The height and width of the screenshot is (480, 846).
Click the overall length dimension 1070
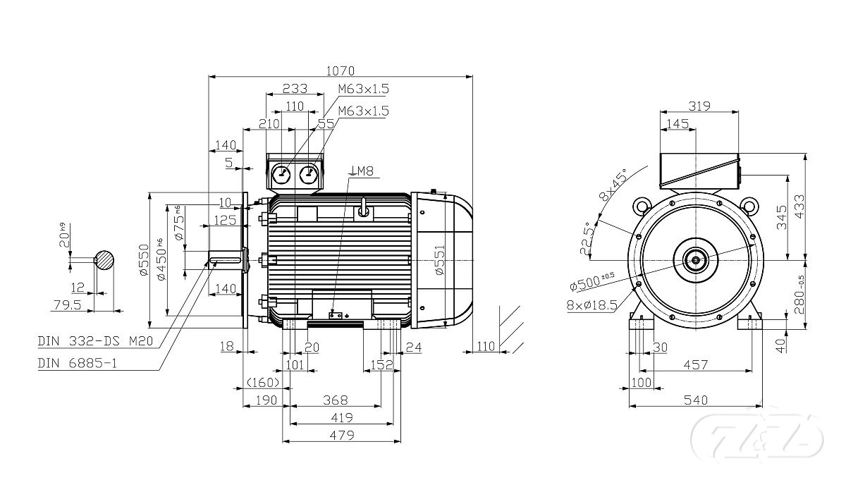341,70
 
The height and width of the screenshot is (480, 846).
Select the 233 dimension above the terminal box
295,89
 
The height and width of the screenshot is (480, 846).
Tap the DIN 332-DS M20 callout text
96,341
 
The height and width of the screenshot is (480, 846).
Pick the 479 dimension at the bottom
340,436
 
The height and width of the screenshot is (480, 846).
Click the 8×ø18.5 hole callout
591,304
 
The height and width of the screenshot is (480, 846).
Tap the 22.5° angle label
587,237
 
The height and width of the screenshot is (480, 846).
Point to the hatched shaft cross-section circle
105,260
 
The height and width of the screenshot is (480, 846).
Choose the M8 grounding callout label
362,171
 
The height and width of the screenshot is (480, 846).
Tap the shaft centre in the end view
696,260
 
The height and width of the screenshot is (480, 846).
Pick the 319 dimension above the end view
699,106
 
